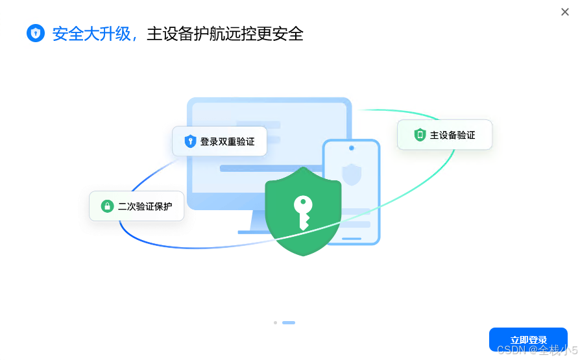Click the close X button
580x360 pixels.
tap(565, 12)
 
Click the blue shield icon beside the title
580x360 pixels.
tap(36, 33)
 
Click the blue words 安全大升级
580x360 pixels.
tap(91, 34)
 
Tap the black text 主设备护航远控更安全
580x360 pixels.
tap(225, 34)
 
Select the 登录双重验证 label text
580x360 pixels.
tap(227, 141)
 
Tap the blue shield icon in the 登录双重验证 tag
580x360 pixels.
tap(190, 141)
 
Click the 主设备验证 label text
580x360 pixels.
tap(453, 135)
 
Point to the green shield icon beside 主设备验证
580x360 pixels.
tap(420, 135)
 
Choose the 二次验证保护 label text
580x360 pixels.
tap(145, 207)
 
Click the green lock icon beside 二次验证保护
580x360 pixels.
tap(107, 206)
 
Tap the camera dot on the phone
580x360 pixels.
tap(352, 148)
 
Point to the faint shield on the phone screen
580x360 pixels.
tap(352, 174)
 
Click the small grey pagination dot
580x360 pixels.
tap(275, 322)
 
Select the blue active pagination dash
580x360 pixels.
tap(289, 322)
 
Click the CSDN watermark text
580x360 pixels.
tap(536, 350)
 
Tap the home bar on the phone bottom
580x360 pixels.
tap(352, 238)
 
